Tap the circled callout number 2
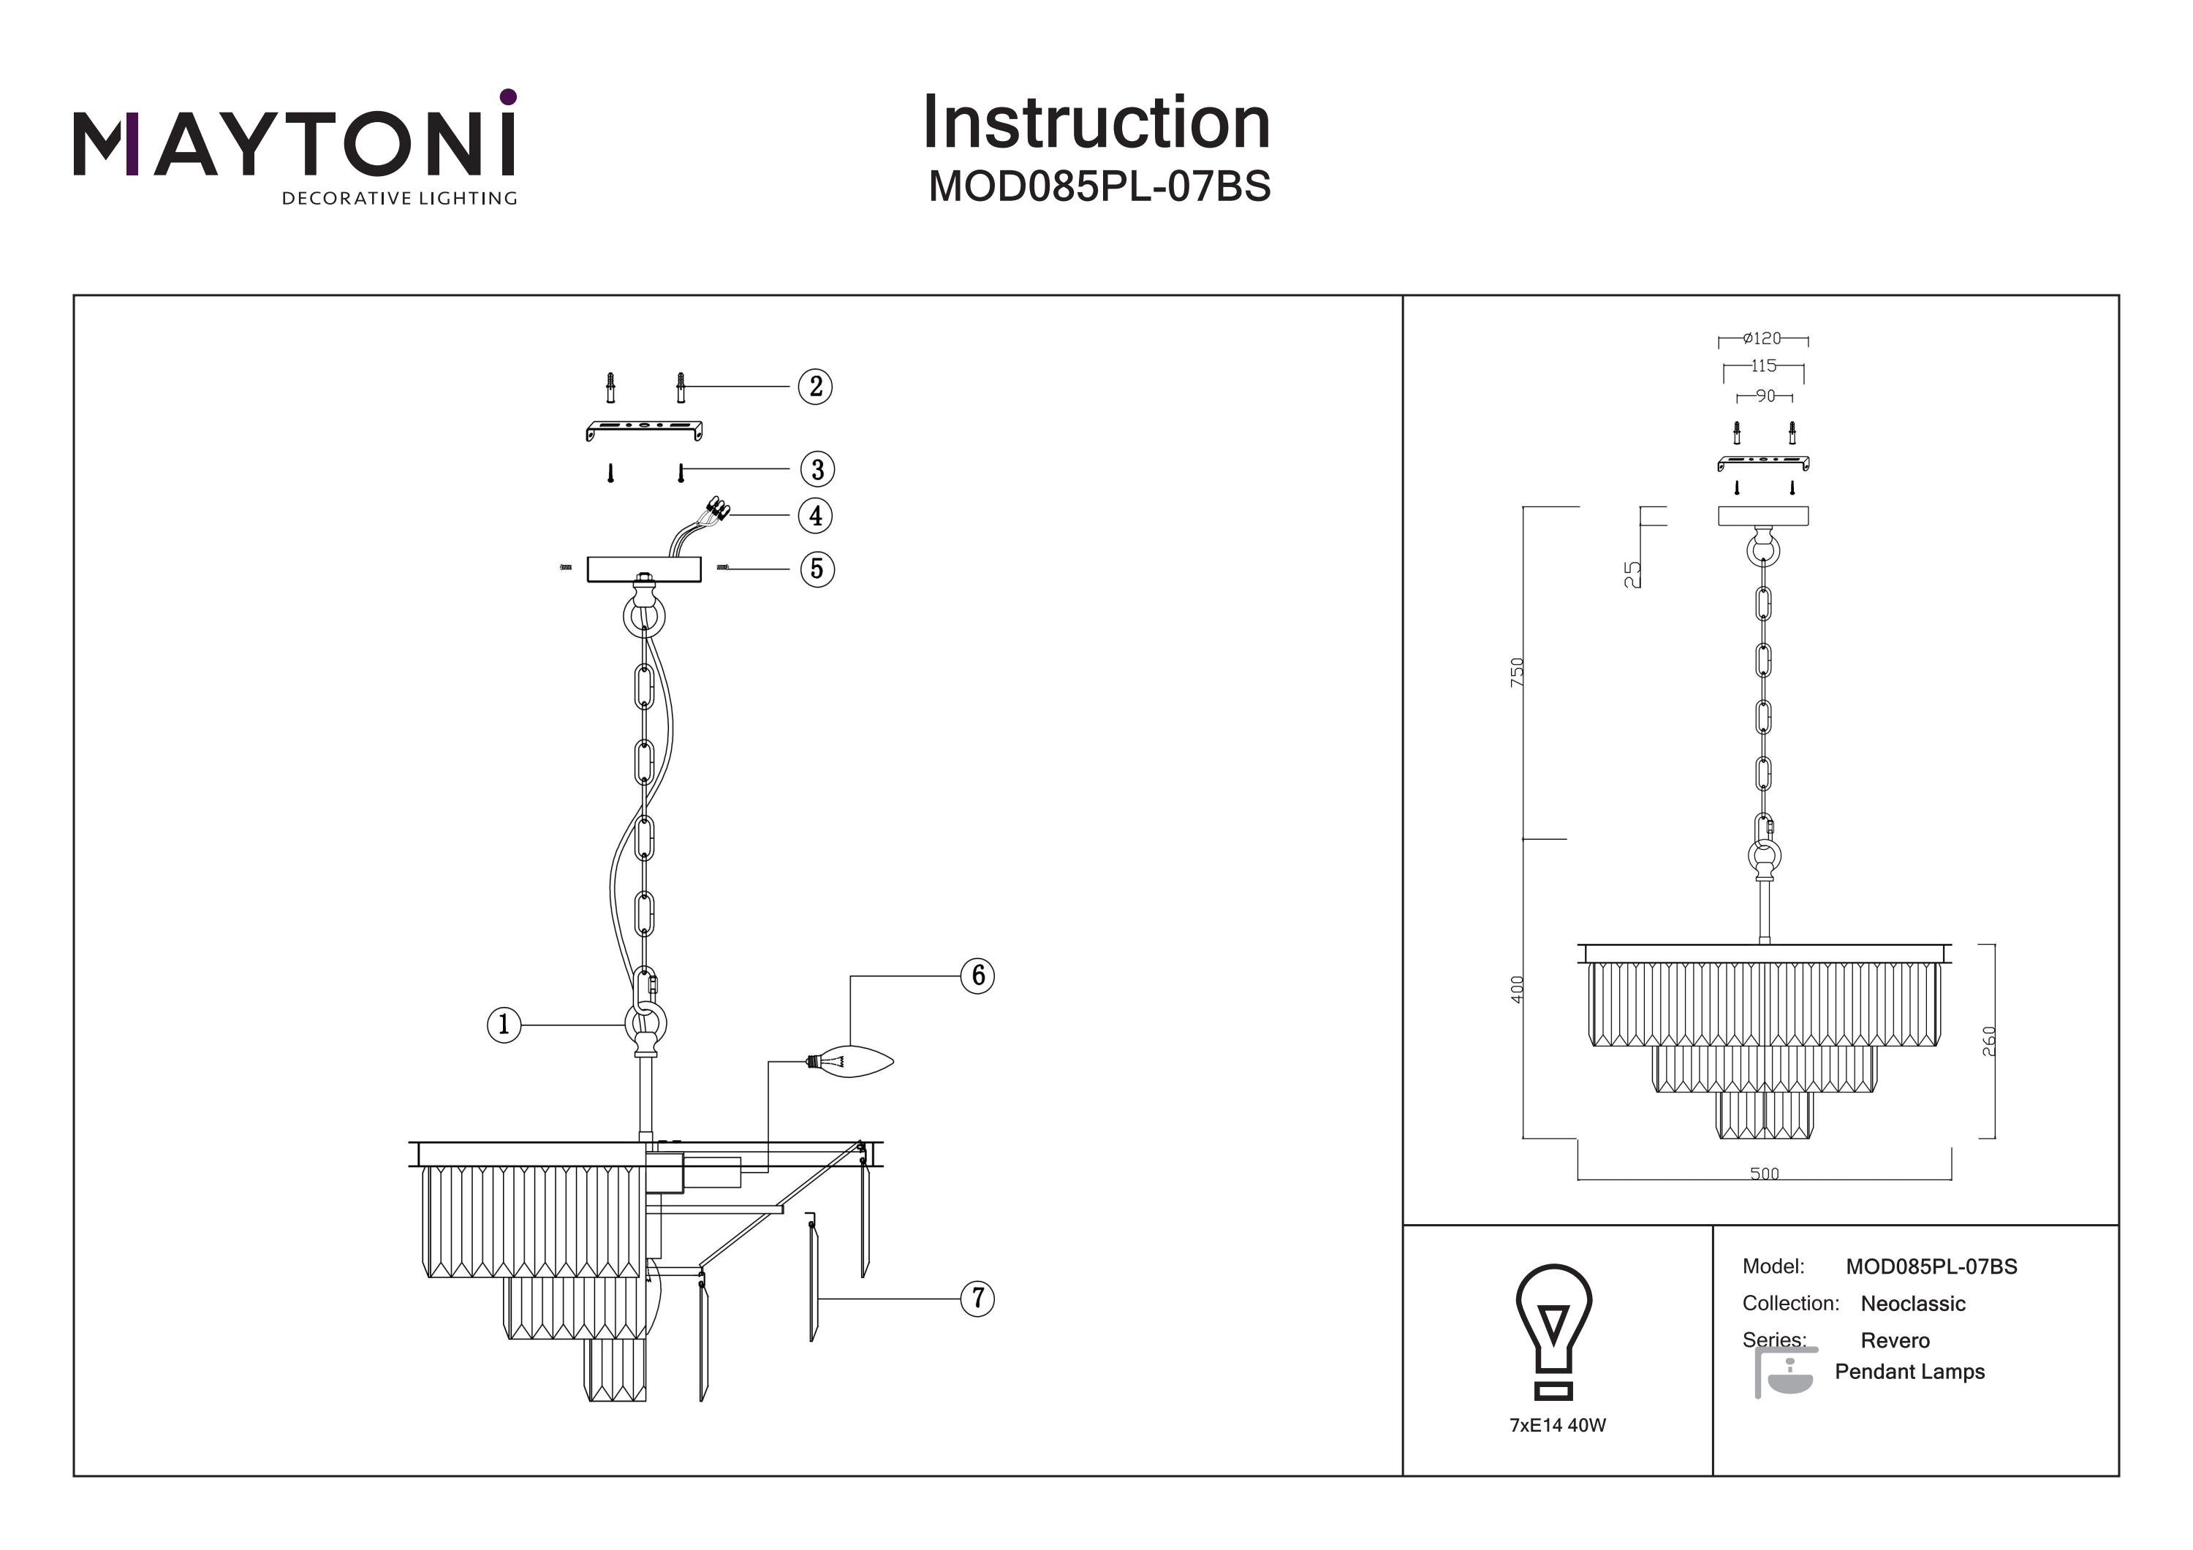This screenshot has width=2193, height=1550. (x=816, y=387)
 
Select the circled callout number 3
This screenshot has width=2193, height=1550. (x=817, y=469)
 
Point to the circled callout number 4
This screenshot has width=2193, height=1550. (x=816, y=516)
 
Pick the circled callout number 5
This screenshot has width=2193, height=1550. (x=817, y=569)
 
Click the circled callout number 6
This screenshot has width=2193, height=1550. (x=978, y=976)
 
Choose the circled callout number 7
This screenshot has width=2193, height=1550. (x=978, y=1299)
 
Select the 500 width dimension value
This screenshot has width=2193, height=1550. (x=1764, y=1174)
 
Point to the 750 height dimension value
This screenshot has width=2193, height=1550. (x=1518, y=672)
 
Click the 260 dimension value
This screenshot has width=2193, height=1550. (x=1988, y=1040)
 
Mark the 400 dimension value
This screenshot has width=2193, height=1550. (x=1518, y=989)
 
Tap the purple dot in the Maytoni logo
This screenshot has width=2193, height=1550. (x=508, y=96)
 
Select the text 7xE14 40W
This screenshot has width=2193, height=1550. (x=1558, y=1425)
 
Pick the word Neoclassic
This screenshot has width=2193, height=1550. (x=1912, y=1304)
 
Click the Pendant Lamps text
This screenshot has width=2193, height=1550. (x=1909, y=1372)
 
